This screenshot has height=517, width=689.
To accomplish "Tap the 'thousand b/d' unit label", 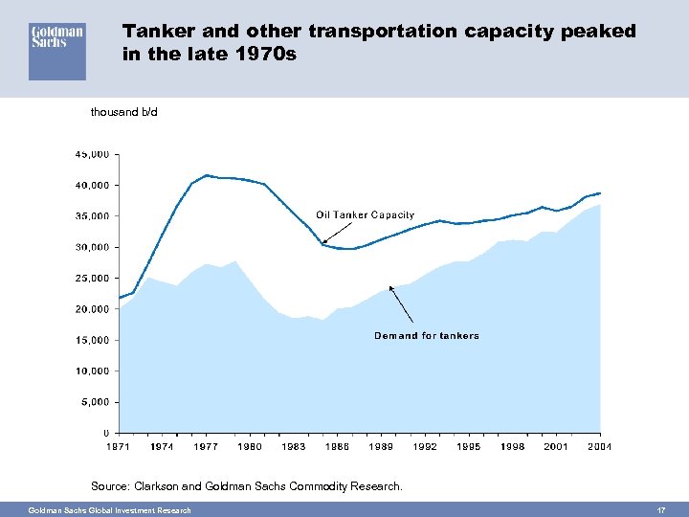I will (x=123, y=112).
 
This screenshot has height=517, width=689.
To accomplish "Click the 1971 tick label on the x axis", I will (x=119, y=446).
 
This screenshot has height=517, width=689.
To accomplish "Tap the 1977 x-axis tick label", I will (x=206, y=446).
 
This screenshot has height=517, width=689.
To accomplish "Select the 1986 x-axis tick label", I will (x=337, y=446).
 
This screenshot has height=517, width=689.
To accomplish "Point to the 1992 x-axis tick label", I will (x=425, y=446).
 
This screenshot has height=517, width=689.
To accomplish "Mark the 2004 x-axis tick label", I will (x=600, y=446).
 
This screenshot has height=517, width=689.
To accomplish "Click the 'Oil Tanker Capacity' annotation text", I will (x=365, y=214).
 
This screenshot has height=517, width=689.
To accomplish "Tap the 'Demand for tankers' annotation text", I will (x=426, y=336).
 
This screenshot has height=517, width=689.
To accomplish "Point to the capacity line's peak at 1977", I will (x=207, y=175).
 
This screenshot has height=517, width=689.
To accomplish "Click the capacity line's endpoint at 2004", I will (x=600, y=192).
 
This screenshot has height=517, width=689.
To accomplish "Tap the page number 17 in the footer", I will (x=659, y=510).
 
